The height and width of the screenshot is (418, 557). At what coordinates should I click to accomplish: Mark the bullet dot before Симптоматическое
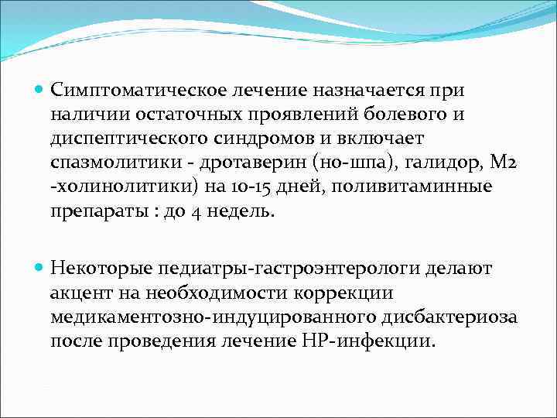click(40, 88)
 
